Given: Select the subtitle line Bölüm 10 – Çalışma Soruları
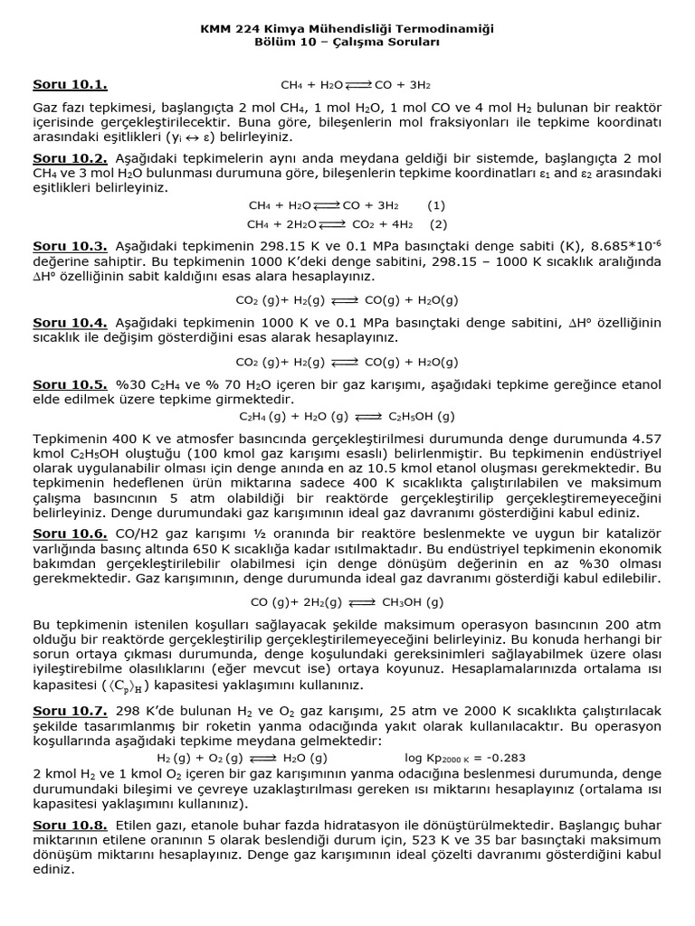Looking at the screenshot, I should pos(347,43).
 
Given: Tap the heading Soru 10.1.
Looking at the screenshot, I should pos(70,85).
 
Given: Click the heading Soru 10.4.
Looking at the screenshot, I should pos(70,323).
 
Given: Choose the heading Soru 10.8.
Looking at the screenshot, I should pos(70,825).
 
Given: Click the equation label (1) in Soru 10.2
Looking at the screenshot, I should pos(436,205).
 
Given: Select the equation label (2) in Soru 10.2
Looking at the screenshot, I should pos(438,223).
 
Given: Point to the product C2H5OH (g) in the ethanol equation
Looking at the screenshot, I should pos(422,417).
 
